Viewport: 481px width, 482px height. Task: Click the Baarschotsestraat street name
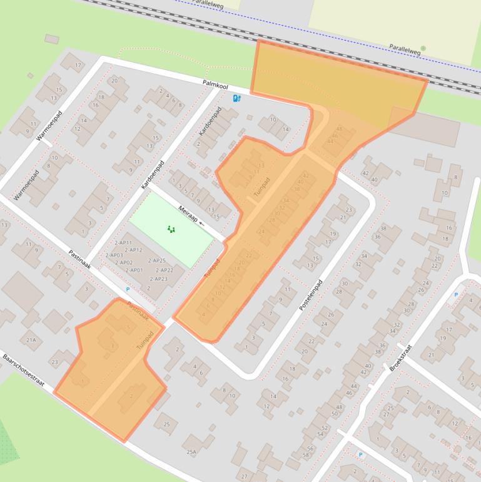pyautogui.click(x=23, y=371)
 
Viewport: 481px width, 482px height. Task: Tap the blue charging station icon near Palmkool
pyautogui.click(x=236, y=98)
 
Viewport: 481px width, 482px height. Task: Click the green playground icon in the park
pyautogui.click(x=171, y=229)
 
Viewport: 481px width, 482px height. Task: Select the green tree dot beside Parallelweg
pyautogui.click(x=423, y=48)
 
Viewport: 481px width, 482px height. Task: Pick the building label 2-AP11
pyautogui.click(x=123, y=242)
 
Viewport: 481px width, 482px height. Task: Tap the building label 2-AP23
pyautogui.click(x=159, y=279)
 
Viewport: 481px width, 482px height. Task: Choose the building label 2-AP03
pyautogui.click(x=114, y=255)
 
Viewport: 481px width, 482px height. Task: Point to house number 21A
pyautogui.click(x=31, y=340)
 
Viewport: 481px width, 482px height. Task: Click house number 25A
pyautogui.click(x=191, y=451)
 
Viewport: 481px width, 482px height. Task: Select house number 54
pyautogui.click(x=322, y=434)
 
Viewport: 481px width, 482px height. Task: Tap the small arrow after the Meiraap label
pyautogui.click(x=202, y=223)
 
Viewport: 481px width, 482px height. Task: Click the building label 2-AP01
pyautogui.click(x=134, y=270)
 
